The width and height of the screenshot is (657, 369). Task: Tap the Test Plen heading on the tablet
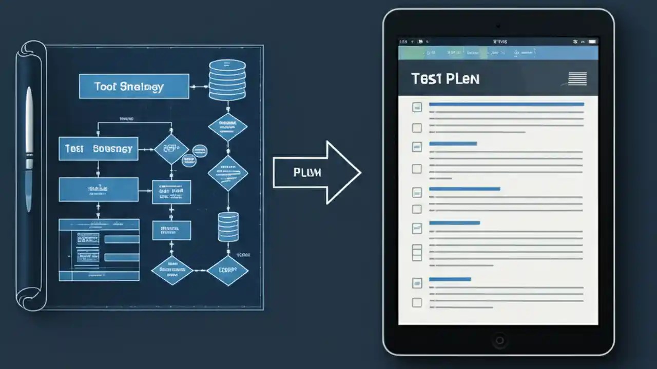click(x=445, y=79)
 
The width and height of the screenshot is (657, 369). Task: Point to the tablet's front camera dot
click(x=498, y=25)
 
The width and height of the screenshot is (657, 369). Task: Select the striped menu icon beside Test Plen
click(x=577, y=79)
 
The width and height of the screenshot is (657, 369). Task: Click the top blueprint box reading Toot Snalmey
click(x=134, y=86)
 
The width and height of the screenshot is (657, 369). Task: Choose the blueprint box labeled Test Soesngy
click(x=98, y=149)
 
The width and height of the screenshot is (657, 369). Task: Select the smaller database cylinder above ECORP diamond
click(x=228, y=227)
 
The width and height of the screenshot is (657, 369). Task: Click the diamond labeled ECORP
click(x=227, y=271)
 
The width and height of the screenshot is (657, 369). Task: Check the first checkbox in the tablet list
click(x=417, y=107)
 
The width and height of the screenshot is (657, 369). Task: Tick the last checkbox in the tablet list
click(x=417, y=302)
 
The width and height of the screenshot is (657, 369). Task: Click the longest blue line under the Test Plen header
click(x=506, y=104)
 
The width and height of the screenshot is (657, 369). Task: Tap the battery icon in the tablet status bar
click(x=592, y=41)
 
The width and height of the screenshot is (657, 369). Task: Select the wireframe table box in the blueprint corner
click(x=99, y=250)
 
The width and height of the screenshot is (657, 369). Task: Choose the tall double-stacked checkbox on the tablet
click(x=417, y=252)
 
